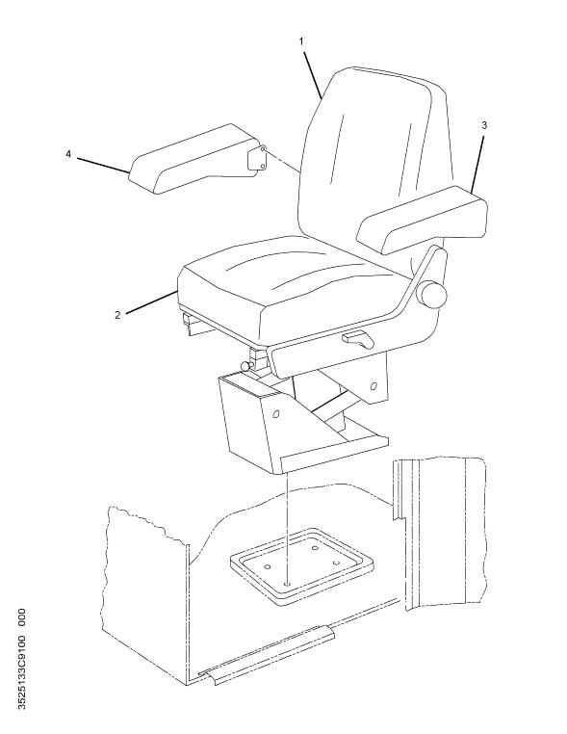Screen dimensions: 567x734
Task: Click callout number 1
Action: (x=301, y=41)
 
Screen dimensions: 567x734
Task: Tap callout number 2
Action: (x=117, y=315)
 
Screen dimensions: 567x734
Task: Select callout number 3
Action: (x=483, y=125)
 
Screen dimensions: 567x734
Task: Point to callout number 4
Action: (x=68, y=153)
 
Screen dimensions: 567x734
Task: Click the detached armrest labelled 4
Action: (x=196, y=158)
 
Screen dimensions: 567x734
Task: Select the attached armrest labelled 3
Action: (x=423, y=219)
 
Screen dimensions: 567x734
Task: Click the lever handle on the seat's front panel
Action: (x=358, y=339)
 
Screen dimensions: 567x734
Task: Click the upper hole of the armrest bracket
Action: (x=263, y=149)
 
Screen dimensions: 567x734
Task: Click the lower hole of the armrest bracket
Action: (x=263, y=167)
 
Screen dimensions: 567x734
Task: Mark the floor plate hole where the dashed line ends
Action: (x=286, y=584)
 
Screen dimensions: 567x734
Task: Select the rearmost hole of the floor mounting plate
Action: (x=315, y=548)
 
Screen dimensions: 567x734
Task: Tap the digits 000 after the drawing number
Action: (x=21, y=618)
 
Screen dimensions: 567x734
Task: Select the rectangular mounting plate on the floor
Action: (x=301, y=566)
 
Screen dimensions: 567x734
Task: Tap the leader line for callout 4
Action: (x=103, y=166)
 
